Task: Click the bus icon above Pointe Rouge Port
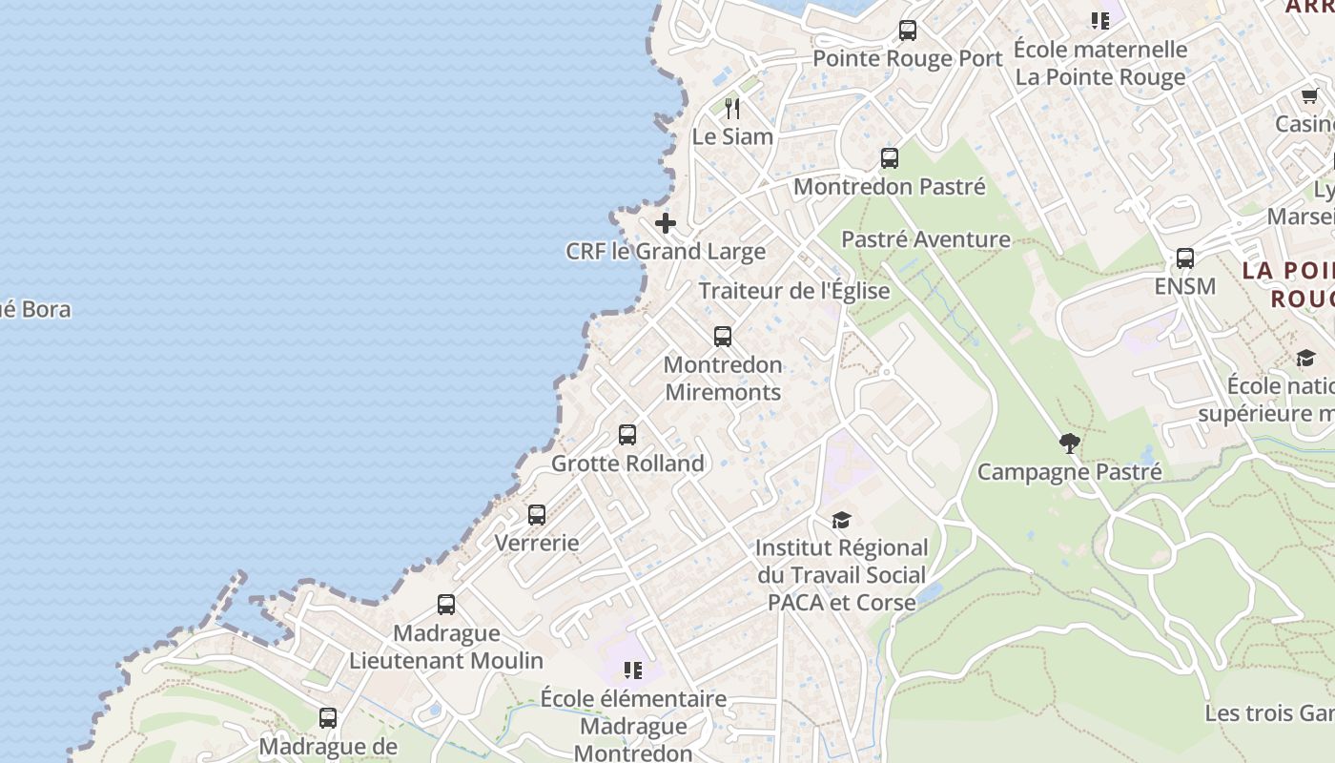click(908, 31)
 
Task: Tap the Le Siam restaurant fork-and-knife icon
click(732, 109)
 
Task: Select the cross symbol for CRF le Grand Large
click(666, 224)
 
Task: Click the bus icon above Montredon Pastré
click(890, 158)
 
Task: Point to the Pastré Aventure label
click(926, 239)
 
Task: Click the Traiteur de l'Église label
click(794, 291)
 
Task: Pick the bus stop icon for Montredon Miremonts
click(723, 337)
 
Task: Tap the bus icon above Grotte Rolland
click(627, 435)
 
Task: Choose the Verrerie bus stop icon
click(537, 515)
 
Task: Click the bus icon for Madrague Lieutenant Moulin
click(446, 605)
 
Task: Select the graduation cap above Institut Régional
click(841, 520)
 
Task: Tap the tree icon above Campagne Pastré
click(1069, 443)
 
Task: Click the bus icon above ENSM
click(1185, 258)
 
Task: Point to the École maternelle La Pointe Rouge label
click(1100, 63)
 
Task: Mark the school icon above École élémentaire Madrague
click(632, 670)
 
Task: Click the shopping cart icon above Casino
click(1309, 96)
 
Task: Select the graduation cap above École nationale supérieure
click(1305, 358)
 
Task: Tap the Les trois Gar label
click(1269, 713)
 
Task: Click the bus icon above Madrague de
click(328, 718)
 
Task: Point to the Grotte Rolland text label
click(627, 464)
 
